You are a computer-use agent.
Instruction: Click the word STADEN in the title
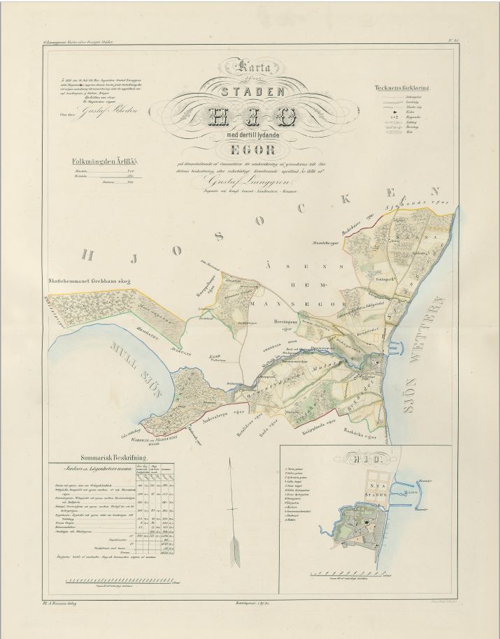(x=252, y=91)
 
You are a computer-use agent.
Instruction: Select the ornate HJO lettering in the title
(x=252, y=115)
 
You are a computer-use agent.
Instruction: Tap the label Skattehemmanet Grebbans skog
(x=92, y=282)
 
